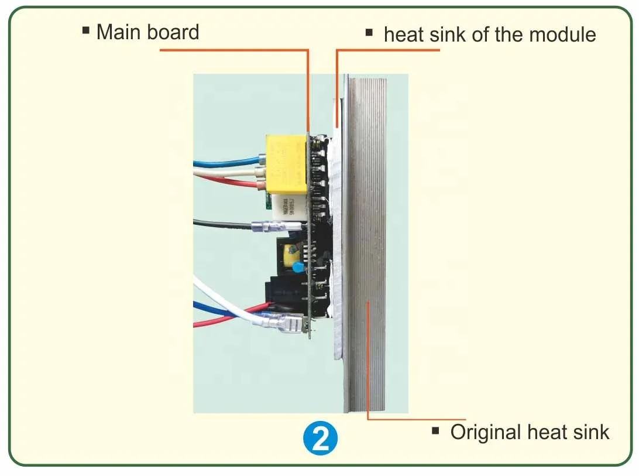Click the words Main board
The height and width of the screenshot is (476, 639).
147,32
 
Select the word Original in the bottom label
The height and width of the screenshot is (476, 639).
485,433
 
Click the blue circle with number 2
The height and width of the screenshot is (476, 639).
320,439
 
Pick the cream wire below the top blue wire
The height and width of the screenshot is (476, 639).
228,174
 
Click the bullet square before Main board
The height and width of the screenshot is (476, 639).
86,29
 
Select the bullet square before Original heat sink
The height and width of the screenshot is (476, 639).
436,431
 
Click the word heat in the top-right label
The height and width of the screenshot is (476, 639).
404,35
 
